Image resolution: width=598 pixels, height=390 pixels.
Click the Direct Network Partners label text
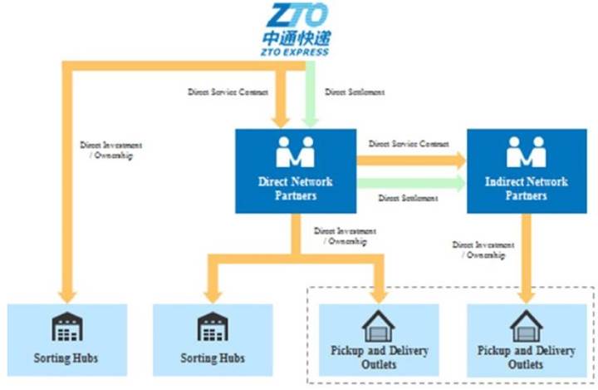click(x=296, y=188)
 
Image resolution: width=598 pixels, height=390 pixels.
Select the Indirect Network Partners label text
click(x=527, y=188)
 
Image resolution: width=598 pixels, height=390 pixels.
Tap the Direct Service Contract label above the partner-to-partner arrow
click(x=409, y=144)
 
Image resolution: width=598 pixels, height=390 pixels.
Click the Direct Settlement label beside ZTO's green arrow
click(x=355, y=92)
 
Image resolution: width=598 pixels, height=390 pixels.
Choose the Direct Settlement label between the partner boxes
click(x=408, y=199)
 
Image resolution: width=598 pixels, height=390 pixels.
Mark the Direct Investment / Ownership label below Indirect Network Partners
click(x=478, y=250)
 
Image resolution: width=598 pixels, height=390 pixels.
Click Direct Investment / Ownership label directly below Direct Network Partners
click(x=345, y=235)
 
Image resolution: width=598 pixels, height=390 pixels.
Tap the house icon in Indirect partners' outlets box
click(x=527, y=325)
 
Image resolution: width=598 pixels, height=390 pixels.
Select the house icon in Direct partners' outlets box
click(x=380, y=325)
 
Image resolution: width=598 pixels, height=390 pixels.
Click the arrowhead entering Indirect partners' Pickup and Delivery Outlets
click(x=527, y=294)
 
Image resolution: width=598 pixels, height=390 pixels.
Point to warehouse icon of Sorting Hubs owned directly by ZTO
click(x=66, y=328)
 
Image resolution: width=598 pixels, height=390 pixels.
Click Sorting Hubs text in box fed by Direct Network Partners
click(x=213, y=359)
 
